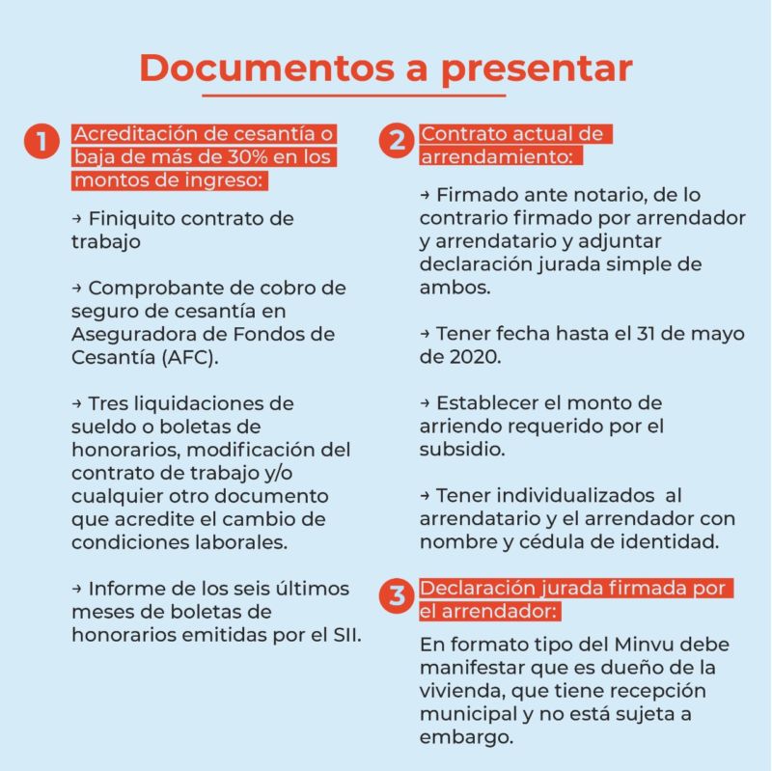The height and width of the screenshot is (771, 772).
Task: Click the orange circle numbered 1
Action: (x=41, y=142)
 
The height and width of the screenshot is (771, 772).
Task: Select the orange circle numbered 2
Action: (x=397, y=142)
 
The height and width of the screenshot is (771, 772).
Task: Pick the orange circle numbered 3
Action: (x=397, y=595)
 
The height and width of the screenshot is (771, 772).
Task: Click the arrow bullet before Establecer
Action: (x=426, y=403)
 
